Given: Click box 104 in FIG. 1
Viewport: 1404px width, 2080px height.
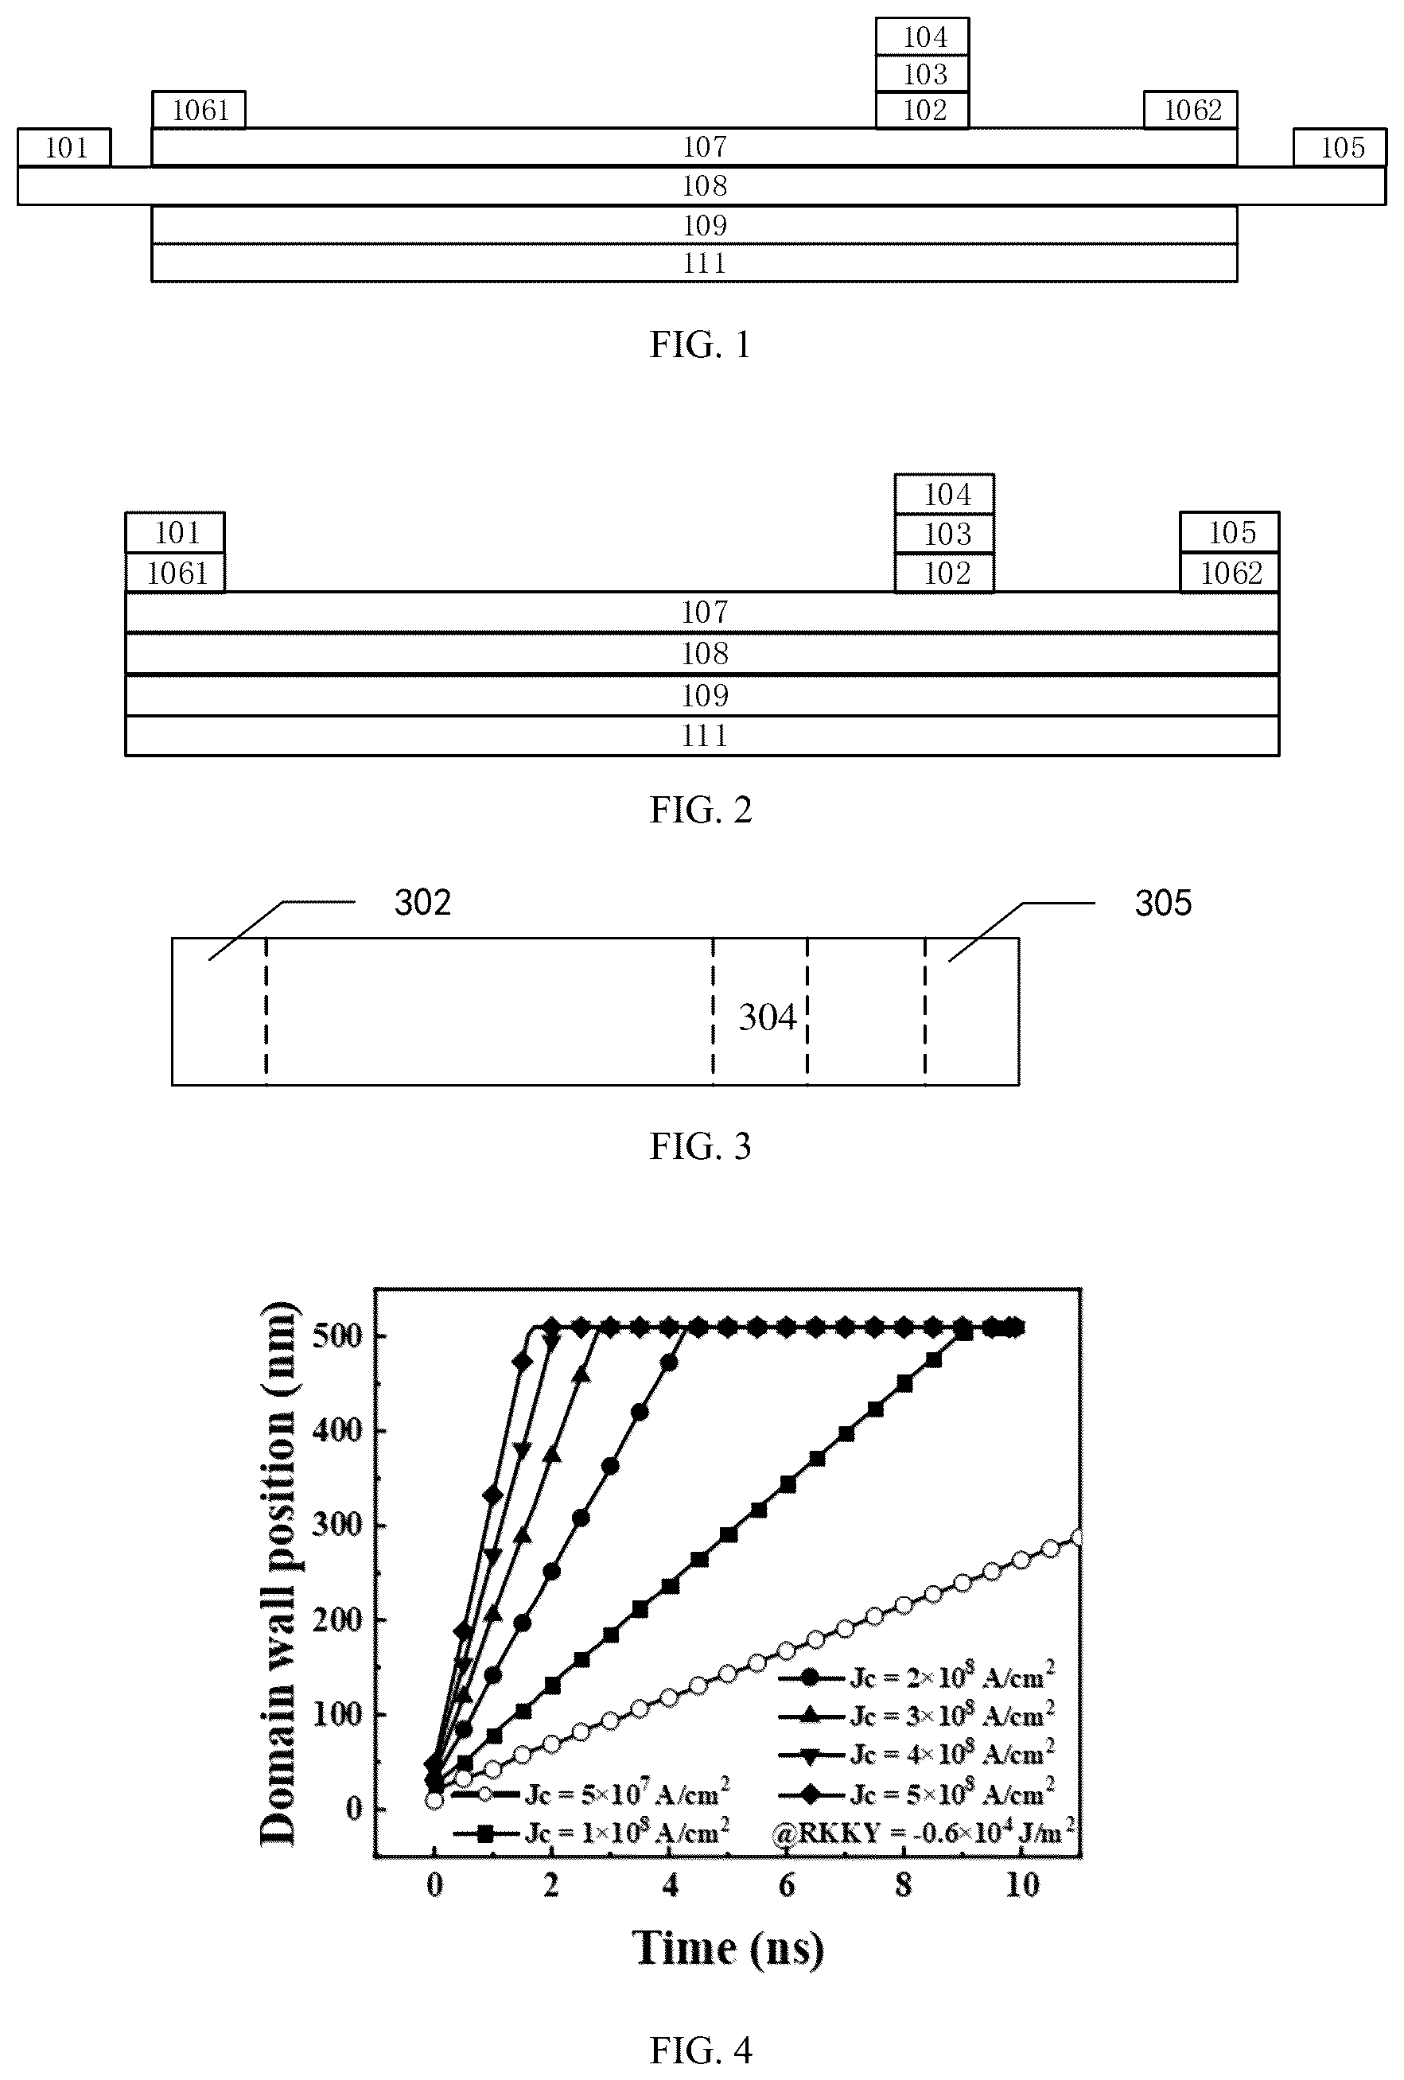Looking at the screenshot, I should click(923, 37).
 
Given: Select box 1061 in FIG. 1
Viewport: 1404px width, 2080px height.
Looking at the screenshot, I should click(199, 110).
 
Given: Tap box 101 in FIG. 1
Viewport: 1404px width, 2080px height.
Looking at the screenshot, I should click(64, 148).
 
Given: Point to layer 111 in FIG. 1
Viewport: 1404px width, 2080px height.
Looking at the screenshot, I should click(694, 263).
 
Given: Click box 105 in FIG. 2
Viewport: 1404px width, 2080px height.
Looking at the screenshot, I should click(1230, 533).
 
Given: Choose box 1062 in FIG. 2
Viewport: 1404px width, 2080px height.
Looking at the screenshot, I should click(1230, 573).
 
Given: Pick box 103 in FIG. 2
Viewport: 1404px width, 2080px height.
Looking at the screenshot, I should click(945, 535).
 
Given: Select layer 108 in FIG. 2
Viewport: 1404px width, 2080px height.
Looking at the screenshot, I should click(702, 653).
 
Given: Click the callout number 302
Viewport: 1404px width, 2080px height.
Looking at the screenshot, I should click(422, 903).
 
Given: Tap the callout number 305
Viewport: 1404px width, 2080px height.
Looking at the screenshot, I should click(1162, 903).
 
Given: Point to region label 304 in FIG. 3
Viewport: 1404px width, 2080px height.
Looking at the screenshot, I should click(766, 1017).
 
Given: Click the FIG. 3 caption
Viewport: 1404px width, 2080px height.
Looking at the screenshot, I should click(700, 1145).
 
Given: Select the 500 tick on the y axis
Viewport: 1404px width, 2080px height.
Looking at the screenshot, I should click(336, 1335).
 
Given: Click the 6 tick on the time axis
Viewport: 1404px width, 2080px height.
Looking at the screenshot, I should click(787, 1884).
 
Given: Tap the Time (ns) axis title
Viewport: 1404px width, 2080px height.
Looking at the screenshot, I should click(728, 1949).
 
